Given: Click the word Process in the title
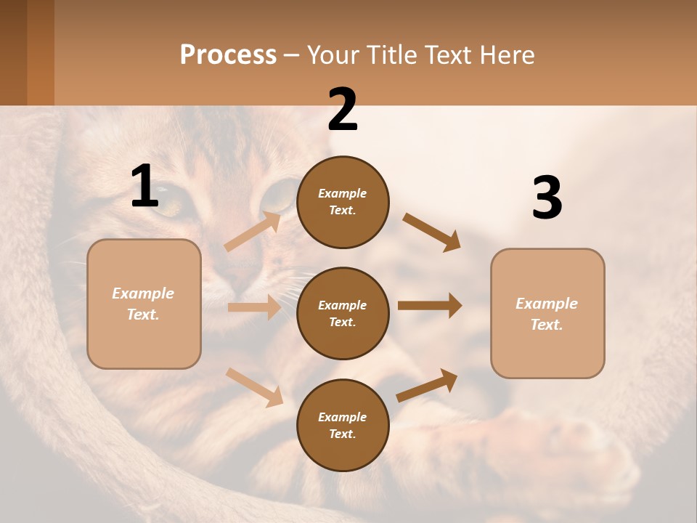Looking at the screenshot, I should pyautogui.click(x=228, y=55).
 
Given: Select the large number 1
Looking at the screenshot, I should pyautogui.click(x=144, y=187).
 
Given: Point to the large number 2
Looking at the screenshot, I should pyautogui.click(x=343, y=110).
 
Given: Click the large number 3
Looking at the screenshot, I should pyautogui.click(x=547, y=198).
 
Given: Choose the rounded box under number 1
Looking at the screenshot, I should pyautogui.click(x=144, y=304).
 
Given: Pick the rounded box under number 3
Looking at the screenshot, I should pyautogui.click(x=547, y=313).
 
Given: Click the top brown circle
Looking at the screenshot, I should pyautogui.click(x=343, y=202).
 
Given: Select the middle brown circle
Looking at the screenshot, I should pyautogui.click(x=343, y=313).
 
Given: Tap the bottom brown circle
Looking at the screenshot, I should pyautogui.click(x=343, y=425).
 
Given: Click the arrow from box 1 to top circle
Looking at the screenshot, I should pyautogui.click(x=253, y=232).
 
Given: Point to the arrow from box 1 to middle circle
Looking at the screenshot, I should pyautogui.click(x=254, y=307).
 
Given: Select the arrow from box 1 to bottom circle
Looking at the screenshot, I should pyautogui.click(x=254, y=387).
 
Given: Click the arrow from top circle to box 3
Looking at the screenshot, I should pyautogui.click(x=432, y=232).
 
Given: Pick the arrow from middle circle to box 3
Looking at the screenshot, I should pyautogui.click(x=430, y=306).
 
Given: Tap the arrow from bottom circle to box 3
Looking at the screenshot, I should pyautogui.click(x=427, y=385).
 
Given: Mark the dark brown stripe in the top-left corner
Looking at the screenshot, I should pyautogui.click(x=13, y=52).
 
